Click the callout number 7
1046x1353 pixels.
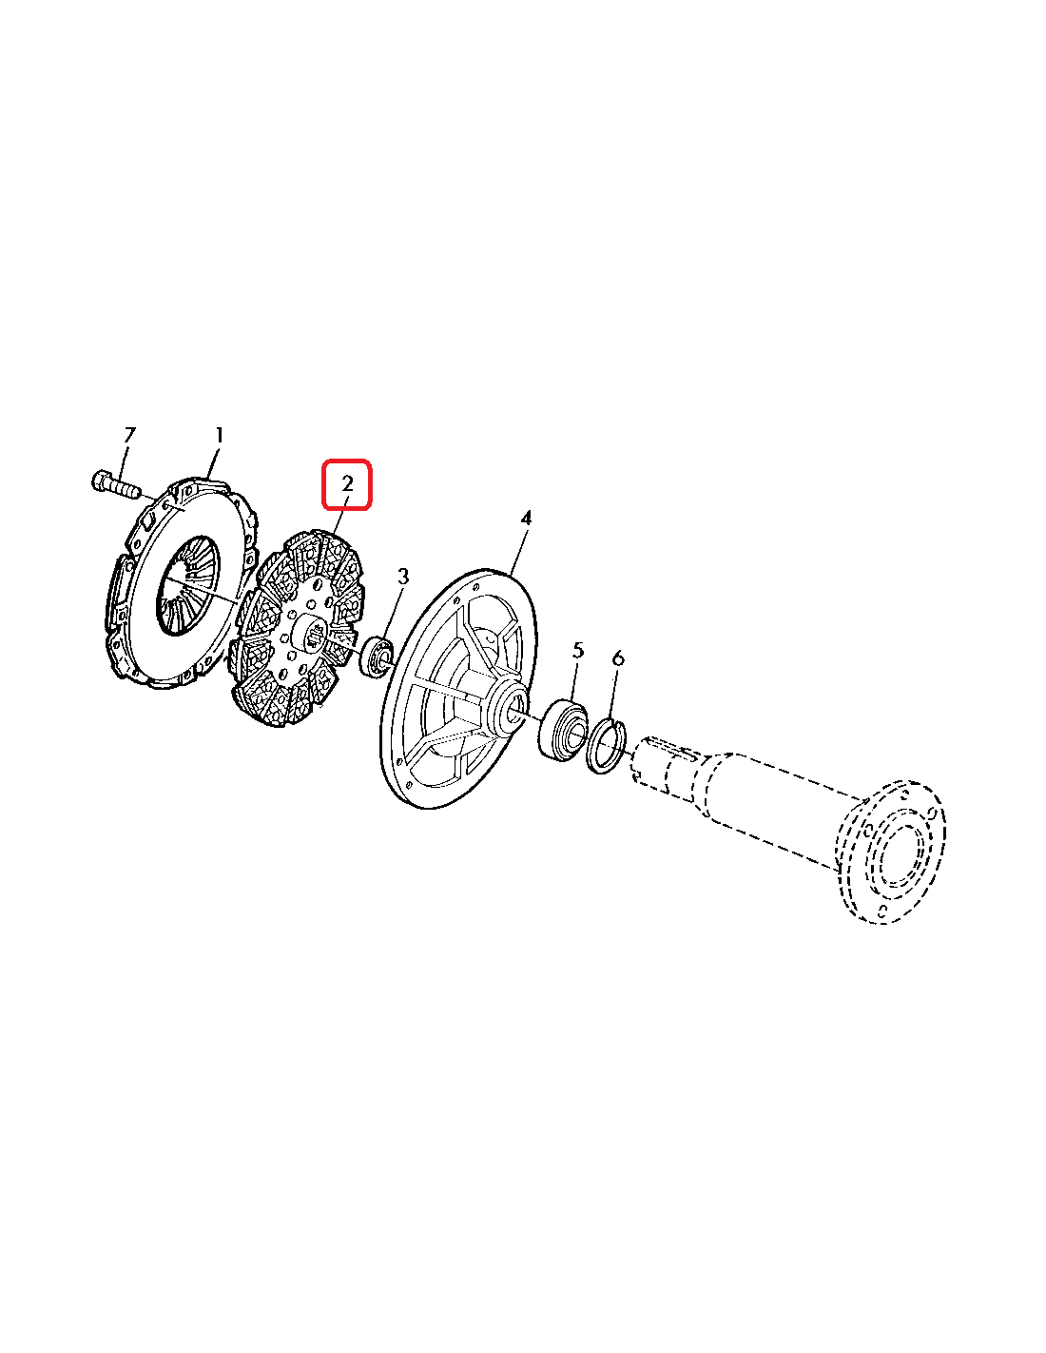click(x=128, y=435)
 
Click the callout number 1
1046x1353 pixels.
click(x=219, y=435)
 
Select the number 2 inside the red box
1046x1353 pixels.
click(x=347, y=483)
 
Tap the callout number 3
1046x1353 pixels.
click(x=403, y=577)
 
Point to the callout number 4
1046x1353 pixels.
click(x=526, y=518)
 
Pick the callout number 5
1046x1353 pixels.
click(x=578, y=651)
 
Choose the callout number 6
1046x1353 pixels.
click(x=617, y=658)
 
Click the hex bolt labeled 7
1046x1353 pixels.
click(x=114, y=484)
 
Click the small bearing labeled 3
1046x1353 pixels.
click(x=376, y=656)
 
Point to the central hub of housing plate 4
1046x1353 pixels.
click(x=506, y=703)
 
